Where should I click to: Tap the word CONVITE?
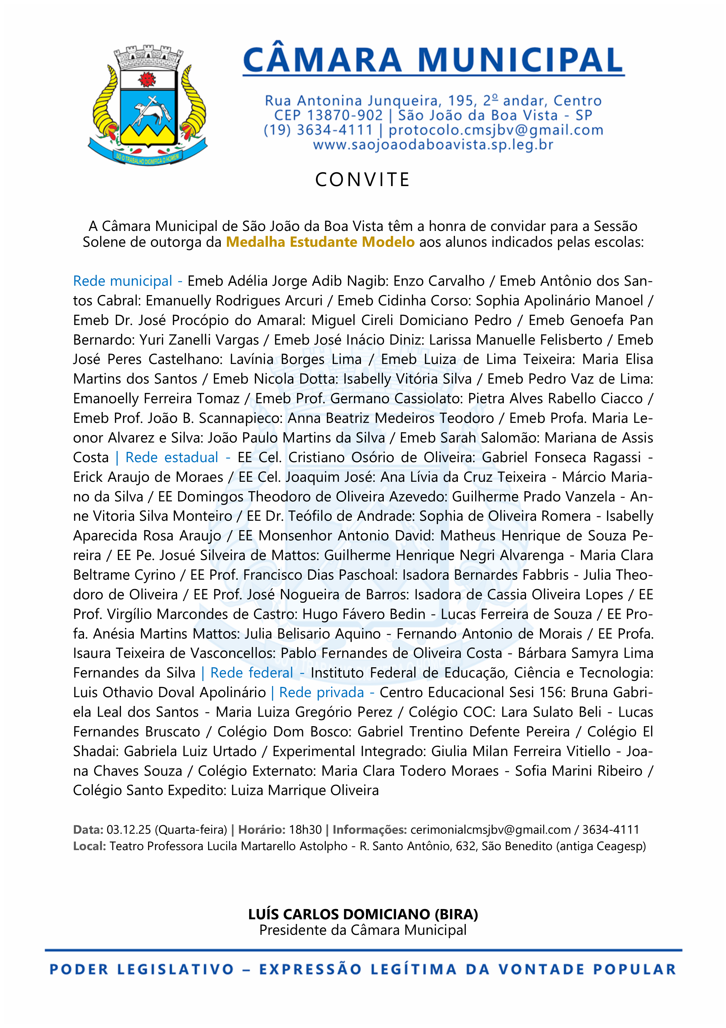click(x=362, y=180)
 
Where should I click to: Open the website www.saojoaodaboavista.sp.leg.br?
click(x=433, y=145)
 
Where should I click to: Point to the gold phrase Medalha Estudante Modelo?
click(x=320, y=242)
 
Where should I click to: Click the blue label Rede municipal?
click(x=123, y=281)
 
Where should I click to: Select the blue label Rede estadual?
click(x=172, y=457)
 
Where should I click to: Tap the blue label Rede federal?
click(x=251, y=673)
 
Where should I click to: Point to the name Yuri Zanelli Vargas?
click(x=199, y=340)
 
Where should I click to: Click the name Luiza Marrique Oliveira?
click(x=305, y=790)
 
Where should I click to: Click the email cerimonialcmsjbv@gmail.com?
click(x=490, y=830)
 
